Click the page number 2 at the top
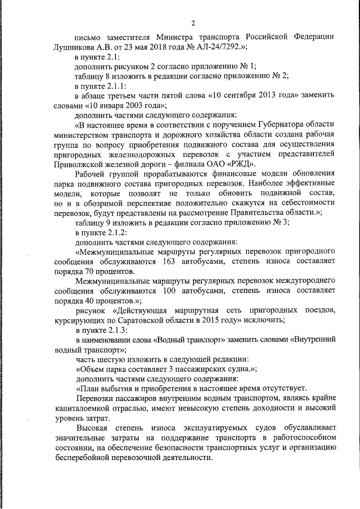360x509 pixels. click(192, 22)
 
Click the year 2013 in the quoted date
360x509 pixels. click(256, 95)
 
